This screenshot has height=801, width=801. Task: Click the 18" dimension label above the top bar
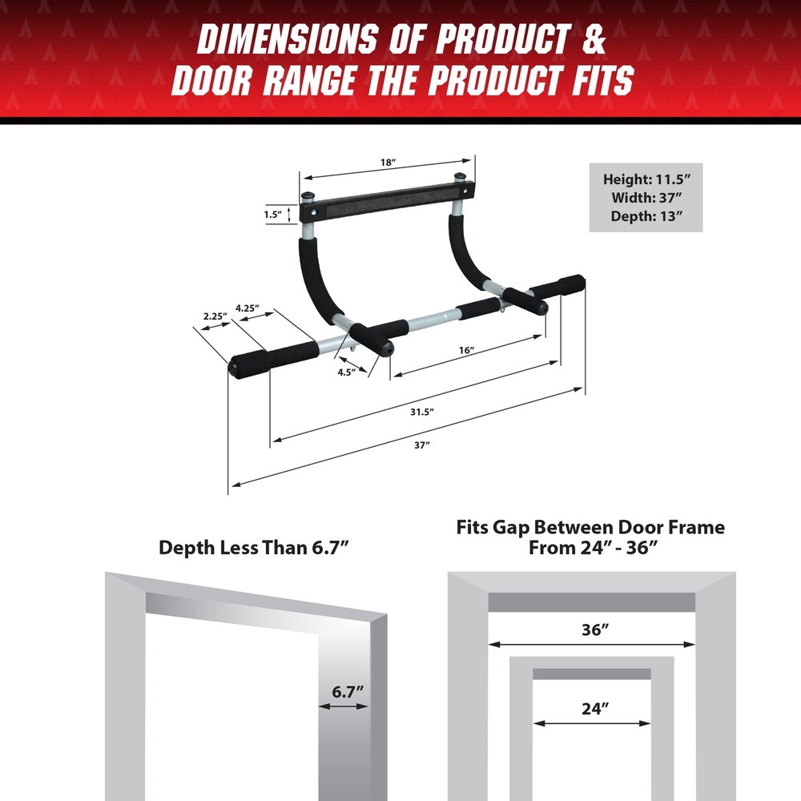click(388, 163)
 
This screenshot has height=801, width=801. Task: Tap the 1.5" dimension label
click(272, 215)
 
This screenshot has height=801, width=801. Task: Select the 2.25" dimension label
click(213, 316)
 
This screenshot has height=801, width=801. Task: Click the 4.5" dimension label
click(346, 372)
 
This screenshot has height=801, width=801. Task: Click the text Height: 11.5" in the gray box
click(646, 180)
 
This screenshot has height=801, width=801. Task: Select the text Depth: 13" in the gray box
click(646, 215)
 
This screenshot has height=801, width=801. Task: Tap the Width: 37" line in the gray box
click(646, 198)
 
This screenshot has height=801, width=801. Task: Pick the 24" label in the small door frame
click(594, 708)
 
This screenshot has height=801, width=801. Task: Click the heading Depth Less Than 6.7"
click(255, 548)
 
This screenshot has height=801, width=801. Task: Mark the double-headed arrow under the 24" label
click(592, 723)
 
